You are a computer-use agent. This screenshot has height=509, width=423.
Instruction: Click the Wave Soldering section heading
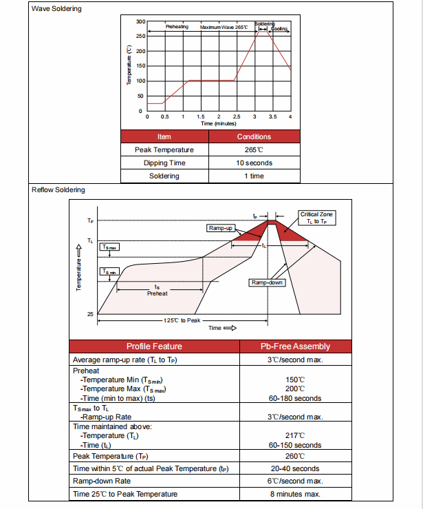pyautogui.click(x=56, y=9)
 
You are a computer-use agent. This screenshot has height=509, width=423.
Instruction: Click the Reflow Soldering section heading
pyautogui.click(x=58, y=189)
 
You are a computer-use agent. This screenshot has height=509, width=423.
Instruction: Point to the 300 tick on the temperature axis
pyautogui.click(x=140, y=21)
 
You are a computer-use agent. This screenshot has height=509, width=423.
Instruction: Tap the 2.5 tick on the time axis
pyautogui.click(x=237, y=117)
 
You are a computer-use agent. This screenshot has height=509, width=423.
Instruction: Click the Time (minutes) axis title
pyautogui.click(x=218, y=123)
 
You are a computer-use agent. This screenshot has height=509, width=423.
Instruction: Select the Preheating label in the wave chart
pyautogui.click(x=177, y=27)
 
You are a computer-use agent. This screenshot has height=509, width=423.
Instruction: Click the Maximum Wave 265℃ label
pyautogui.click(x=224, y=27)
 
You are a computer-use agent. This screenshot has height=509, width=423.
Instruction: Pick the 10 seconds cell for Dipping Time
pyautogui.click(x=254, y=163)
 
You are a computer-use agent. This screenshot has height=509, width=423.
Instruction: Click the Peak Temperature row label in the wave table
pyautogui.click(x=164, y=150)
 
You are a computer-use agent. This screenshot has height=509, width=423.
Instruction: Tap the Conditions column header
pyautogui.click(x=254, y=137)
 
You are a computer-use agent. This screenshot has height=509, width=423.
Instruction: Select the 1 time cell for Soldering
pyautogui.click(x=254, y=176)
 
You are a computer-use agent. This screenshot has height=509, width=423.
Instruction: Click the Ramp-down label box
pyautogui.click(x=267, y=283)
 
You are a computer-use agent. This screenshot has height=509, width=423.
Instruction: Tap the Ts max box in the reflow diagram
pyautogui.click(x=109, y=247)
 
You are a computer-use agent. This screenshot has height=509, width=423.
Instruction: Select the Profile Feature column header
pyautogui.click(x=154, y=346)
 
